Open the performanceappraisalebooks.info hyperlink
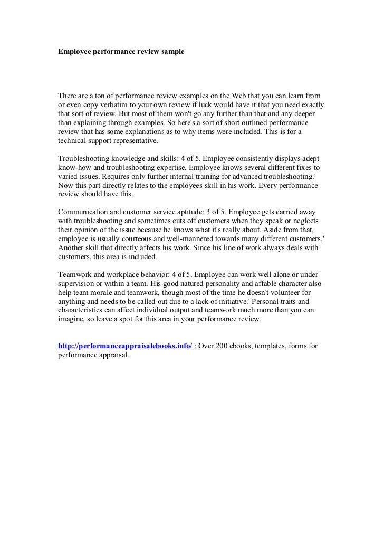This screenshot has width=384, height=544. click(x=125, y=346)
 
